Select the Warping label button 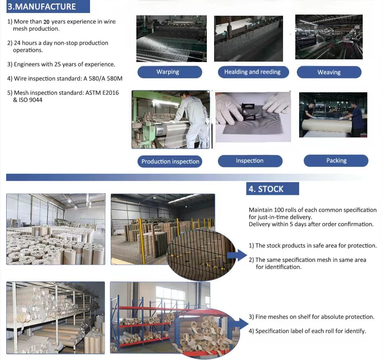(170, 72)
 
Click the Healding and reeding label (253, 72)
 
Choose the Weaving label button (329, 72)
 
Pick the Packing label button (336, 161)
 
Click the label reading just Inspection (250, 161)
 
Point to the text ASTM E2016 (102, 93)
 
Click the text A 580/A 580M (103, 79)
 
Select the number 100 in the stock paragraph (279, 210)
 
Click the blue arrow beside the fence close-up (237, 255)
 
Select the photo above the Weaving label (329, 37)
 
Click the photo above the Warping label (172, 39)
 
